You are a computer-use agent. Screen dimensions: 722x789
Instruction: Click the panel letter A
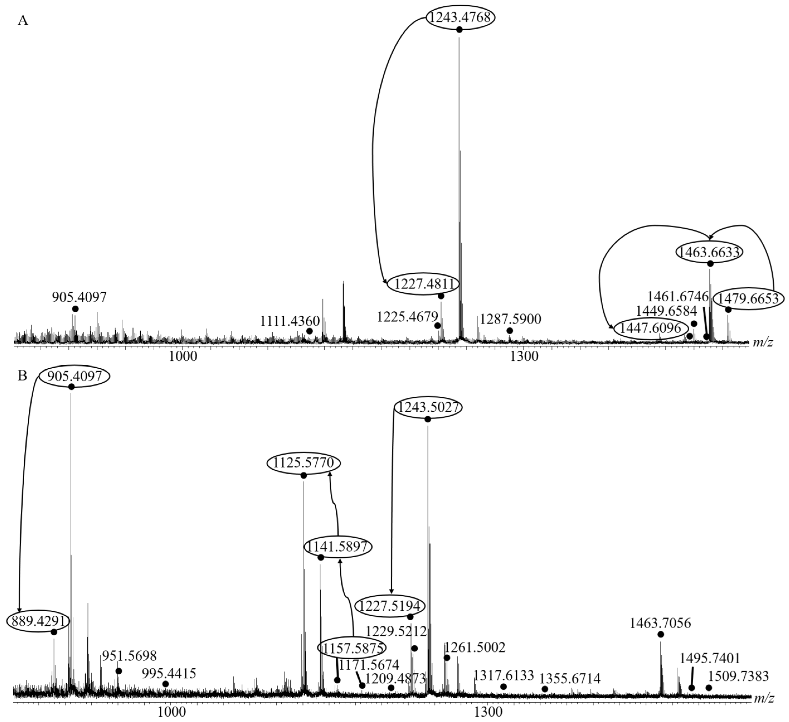coord(23,20)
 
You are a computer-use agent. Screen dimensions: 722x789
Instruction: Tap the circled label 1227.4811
coord(423,284)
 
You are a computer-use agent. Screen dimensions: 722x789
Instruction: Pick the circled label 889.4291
coord(38,621)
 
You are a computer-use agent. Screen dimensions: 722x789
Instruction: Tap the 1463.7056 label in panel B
coord(660,623)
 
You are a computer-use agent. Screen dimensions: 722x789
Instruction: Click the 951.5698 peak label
coord(129,656)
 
